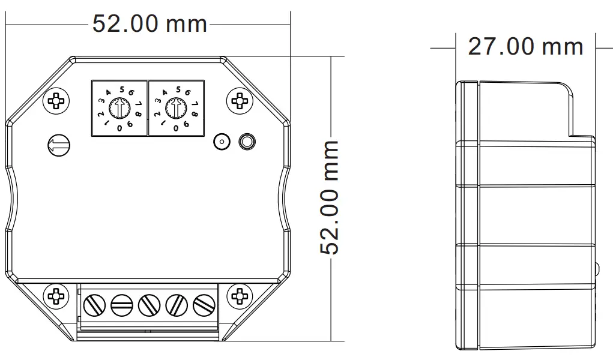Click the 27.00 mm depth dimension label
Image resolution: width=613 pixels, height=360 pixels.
pyautogui.click(x=525, y=46)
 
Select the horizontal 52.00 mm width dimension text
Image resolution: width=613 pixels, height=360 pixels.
pyautogui.click(x=149, y=24)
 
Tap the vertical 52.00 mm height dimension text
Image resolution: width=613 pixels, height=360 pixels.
pyautogui.click(x=330, y=197)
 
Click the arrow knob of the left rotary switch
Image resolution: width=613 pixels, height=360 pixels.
pyautogui.click(x=119, y=109)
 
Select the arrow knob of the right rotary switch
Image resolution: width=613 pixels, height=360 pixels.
pyautogui.click(x=175, y=109)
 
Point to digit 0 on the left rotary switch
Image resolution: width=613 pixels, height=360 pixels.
pyautogui.click(x=119, y=127)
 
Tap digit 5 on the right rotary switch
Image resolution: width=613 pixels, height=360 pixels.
pyautogui.click(x=178, y=90)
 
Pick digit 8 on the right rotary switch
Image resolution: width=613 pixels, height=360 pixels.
pyautogui.click(x=194, y=113)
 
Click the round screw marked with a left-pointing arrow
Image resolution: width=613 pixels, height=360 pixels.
pyautogui.click(x=58, y=144)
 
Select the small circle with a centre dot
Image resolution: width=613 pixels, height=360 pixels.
pyautogui.click(x=222, y=142)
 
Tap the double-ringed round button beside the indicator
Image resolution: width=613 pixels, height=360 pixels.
pyautogui.click(x=246, y=142)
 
